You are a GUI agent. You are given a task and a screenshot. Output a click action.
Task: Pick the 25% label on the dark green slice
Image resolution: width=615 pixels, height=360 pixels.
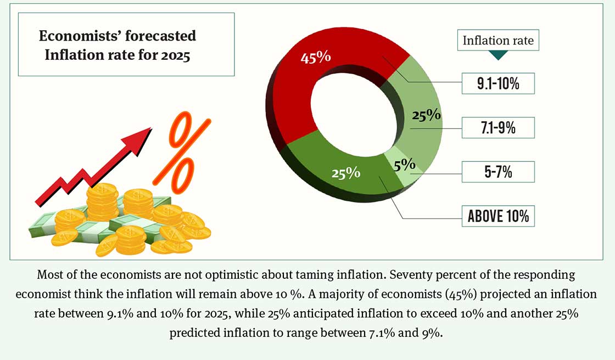[x=345, y=173]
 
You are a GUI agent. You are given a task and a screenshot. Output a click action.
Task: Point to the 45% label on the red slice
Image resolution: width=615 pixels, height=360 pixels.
[x=316, y=57]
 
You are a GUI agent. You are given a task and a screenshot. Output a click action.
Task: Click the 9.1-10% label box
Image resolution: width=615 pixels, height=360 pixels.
[x=497, y=83]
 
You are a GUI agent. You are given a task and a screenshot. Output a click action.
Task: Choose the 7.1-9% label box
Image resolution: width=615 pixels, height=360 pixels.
[x=497, y=128]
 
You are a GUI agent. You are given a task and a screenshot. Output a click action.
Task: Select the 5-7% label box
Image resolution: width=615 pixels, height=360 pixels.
[x=497, y=172]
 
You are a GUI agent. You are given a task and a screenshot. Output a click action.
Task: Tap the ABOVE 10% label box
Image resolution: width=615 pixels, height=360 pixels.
[x=497, y=216]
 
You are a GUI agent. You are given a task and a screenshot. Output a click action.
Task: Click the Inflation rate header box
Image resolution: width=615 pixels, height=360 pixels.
[x=497, y=41]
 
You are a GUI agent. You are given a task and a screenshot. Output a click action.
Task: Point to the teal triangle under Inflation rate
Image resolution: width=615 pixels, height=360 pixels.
[x=497, y=55]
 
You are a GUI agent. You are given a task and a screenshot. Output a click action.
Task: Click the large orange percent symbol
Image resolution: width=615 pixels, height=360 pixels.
[x=181, y=148]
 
